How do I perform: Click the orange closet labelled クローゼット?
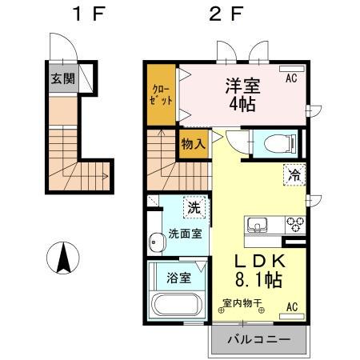pyautogui.click(x=160, y=94)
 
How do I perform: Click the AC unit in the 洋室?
pyautogui.click(x=291, y=78)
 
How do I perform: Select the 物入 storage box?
pyautogui.click(x=192, y=144)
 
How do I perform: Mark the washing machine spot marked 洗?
pyautogui.click(x=194, y=207)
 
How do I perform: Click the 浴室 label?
pyautogui.click(x=178, y=278)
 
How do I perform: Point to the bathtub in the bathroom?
pyautogui.click(x=175, y=306)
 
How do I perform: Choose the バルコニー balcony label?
pyautogui.click(x=258, y=338)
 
